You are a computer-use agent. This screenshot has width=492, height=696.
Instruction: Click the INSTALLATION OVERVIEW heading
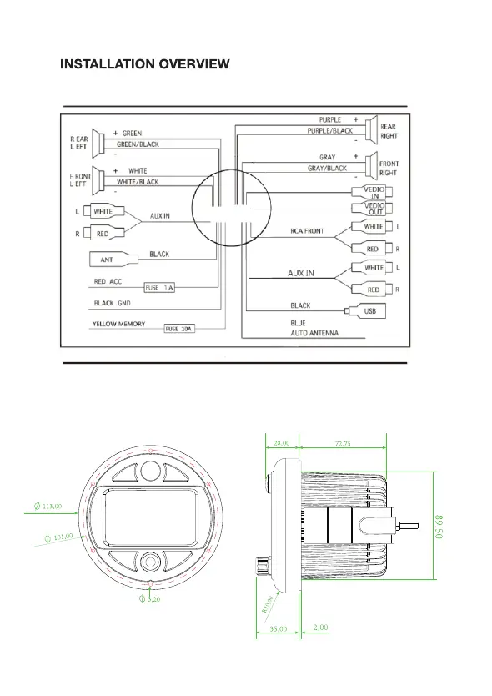(144, 64)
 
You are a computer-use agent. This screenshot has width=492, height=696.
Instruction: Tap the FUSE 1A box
(159, 288)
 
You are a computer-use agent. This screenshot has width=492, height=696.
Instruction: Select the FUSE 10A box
(179, 329)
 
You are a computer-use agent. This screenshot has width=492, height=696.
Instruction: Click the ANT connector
(113, 260)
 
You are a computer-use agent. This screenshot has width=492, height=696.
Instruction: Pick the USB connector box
(365, 311)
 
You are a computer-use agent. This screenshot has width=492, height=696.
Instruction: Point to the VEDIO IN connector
(372, 192)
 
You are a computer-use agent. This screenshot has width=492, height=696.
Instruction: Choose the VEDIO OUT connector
(372, 209)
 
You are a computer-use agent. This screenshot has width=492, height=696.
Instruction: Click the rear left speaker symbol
(98, 143)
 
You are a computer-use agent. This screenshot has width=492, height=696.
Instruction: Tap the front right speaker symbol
(371, 165)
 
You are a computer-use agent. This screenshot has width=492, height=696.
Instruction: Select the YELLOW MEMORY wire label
(118, 324)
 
